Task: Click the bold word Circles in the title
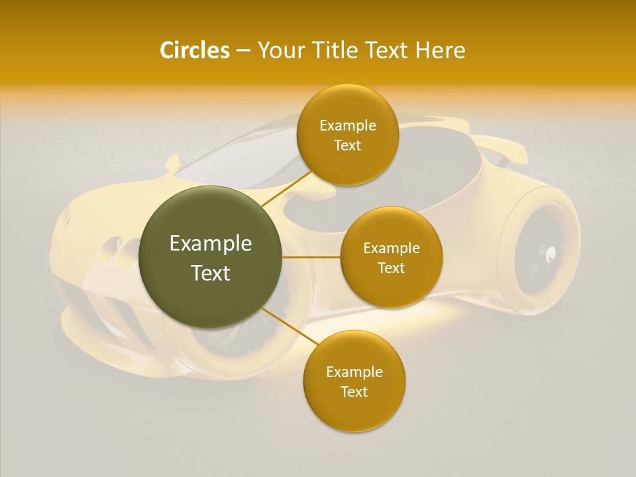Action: pyautogui.click(x=194, y=50)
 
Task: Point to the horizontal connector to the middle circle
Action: pyautogui.click(x=311, y=257)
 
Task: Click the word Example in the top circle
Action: pyautogui.click(x=348, y=125)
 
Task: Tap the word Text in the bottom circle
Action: pyautogui.click(x=354, y=392)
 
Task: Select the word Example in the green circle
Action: pyautogui.click(x=211, y=244)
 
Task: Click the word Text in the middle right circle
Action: pyautogui.click(x=391, y=268)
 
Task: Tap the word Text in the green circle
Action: pyautogui.click(x=211, y=273)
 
